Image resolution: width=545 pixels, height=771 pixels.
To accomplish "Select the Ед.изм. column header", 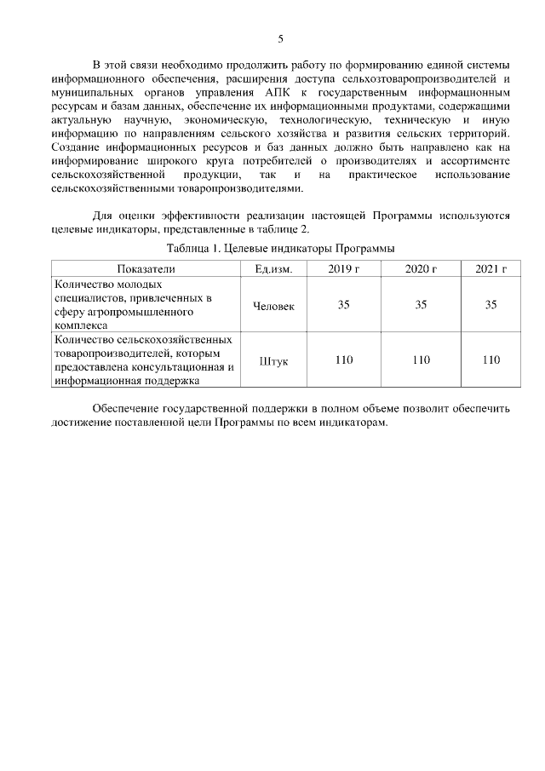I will [x=274, y=269].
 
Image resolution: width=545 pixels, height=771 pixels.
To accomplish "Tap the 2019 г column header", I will [x=343, y=269].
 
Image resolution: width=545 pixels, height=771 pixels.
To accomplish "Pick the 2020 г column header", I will [x=421, y=269].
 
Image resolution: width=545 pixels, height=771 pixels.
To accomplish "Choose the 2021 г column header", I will [x=490, y=269].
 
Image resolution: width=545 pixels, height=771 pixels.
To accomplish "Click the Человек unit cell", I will [x=274, y=305].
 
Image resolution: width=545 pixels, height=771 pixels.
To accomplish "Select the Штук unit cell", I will [x=274, y=360].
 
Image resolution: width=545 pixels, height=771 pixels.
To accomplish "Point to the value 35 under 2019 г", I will [x=343, y=305].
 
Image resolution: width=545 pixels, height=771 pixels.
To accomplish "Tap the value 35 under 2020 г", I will [x=421, y=305].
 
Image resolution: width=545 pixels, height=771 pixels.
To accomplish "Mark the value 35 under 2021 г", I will [x=490, y=305].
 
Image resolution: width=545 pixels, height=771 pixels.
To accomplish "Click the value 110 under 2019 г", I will [x=343, y=360].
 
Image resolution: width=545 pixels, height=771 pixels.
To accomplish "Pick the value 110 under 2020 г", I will [x=421, y=360].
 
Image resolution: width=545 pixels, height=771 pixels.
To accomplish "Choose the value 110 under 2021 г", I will [x=490, y=360].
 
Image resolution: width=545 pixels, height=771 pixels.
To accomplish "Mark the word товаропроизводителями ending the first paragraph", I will [x=230, y=188].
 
